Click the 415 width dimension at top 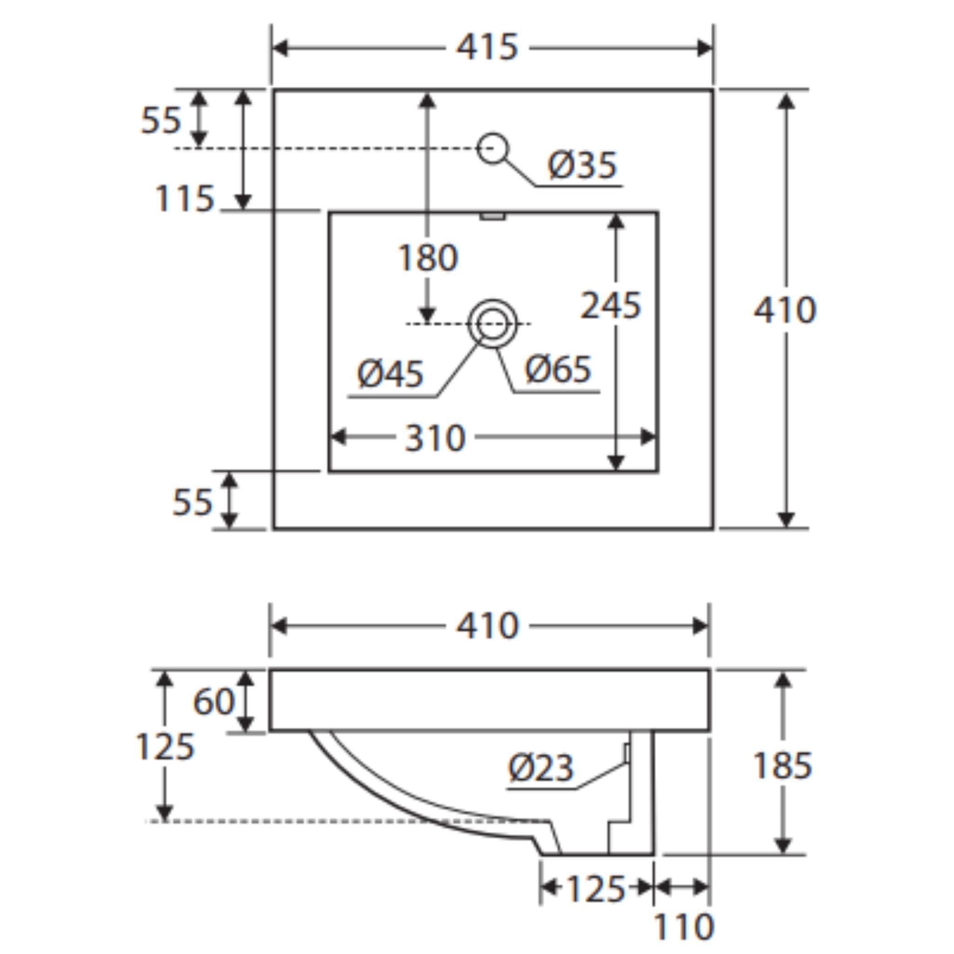487,48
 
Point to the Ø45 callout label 390,373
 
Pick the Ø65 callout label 558,369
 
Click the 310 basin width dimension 435,438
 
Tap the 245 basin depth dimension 610,306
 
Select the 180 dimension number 428,258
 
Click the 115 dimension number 184,198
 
